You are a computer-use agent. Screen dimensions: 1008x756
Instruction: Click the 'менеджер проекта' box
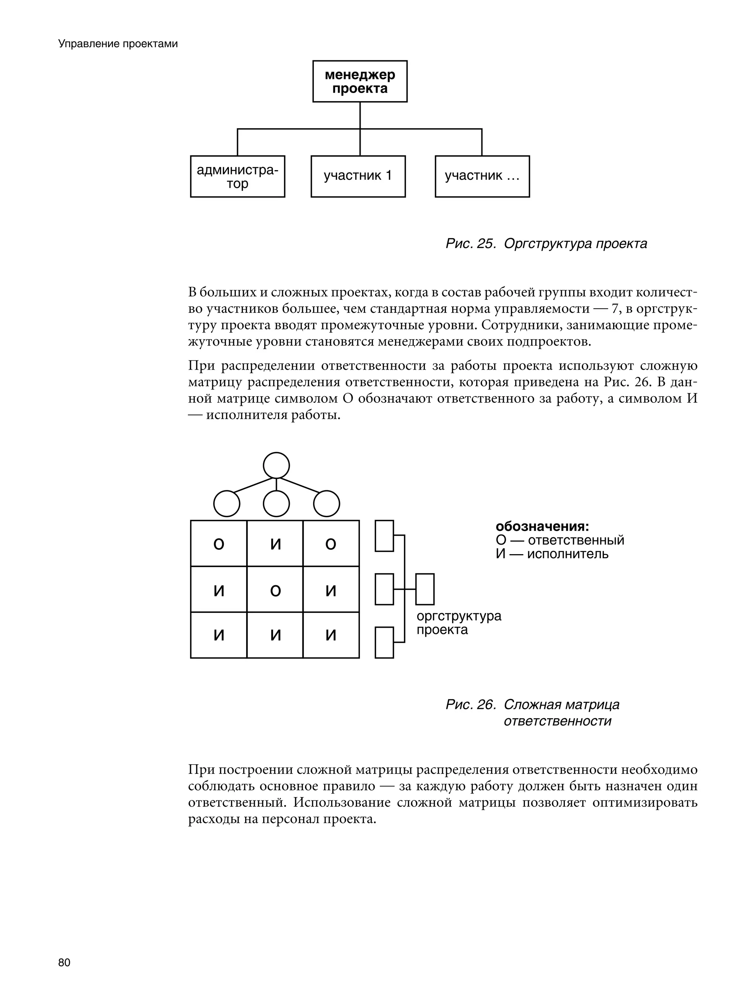(360, 81)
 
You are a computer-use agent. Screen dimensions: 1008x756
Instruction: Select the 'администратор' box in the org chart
(237, 176)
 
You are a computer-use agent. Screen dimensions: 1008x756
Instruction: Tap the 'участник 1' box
(358, 176)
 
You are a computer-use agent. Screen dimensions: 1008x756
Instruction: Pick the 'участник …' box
(482, 176)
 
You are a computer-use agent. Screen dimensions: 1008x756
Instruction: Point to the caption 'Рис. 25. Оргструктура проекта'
(546, 244)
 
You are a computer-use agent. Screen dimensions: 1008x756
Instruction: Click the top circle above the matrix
(276, 465)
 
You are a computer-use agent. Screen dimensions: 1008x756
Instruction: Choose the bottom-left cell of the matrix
(219, 635)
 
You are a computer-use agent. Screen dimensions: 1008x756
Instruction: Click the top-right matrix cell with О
(331, 544)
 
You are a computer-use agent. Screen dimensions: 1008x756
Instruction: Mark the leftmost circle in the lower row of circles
(227, 504)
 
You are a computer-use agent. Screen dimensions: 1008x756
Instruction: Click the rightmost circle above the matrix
(326, 504)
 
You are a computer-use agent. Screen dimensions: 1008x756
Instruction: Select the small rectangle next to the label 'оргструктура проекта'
(425, 589)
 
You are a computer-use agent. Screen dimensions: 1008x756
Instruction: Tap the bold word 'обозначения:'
(542, 526)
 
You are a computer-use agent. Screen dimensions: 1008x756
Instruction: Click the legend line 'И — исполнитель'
(552, 554)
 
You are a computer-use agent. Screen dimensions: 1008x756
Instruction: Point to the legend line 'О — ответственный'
(560, 541)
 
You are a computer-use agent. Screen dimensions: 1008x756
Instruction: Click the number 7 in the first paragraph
(616, 309)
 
